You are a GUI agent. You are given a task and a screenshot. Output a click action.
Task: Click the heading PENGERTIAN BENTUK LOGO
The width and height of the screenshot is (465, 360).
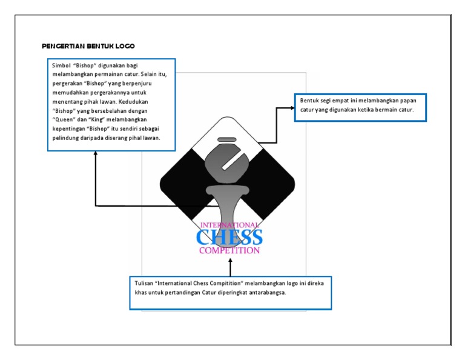88,46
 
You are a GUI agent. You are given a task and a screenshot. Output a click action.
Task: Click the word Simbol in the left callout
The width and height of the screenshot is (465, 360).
61,65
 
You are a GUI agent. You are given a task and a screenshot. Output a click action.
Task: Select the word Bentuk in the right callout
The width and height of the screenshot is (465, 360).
310,101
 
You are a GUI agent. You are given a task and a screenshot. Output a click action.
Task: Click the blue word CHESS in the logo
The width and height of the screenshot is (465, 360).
229,238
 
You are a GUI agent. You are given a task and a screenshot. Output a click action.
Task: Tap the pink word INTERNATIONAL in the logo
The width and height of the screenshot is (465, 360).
229,225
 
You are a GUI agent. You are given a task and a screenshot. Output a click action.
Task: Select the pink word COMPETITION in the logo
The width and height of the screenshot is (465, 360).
229,250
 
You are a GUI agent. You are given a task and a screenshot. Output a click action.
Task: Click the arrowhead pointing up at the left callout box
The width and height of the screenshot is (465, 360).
96,154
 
